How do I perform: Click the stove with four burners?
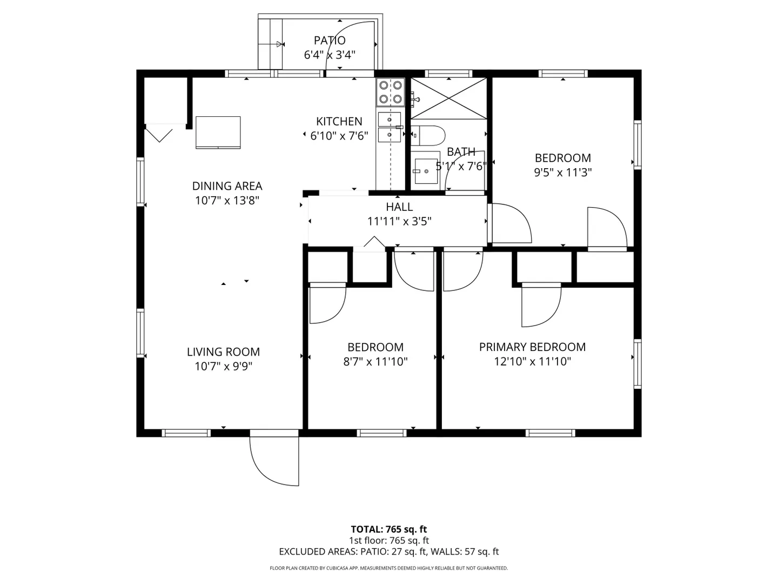coord(390,92)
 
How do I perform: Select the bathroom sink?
coord(426,171)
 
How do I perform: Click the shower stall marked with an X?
coord(449,98)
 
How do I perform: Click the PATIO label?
coord(330,41)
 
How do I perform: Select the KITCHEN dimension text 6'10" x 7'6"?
coord(339,136)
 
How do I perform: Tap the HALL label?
coord(399,207)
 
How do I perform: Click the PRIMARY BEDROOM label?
coord(532,347)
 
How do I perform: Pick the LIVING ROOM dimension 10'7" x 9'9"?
coord(223,366)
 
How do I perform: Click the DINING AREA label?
coord(227,186)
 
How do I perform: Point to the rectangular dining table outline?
coord(218,132)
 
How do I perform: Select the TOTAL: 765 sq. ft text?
coord(389,529)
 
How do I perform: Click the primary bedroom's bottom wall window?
coord(550,433)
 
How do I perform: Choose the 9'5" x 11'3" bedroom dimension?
coord(563,172)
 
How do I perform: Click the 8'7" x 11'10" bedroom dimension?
coord(375,362)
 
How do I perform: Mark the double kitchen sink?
coord(390,127)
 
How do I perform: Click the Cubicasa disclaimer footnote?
coord(389,568)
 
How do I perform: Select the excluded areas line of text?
coord(389,552)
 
